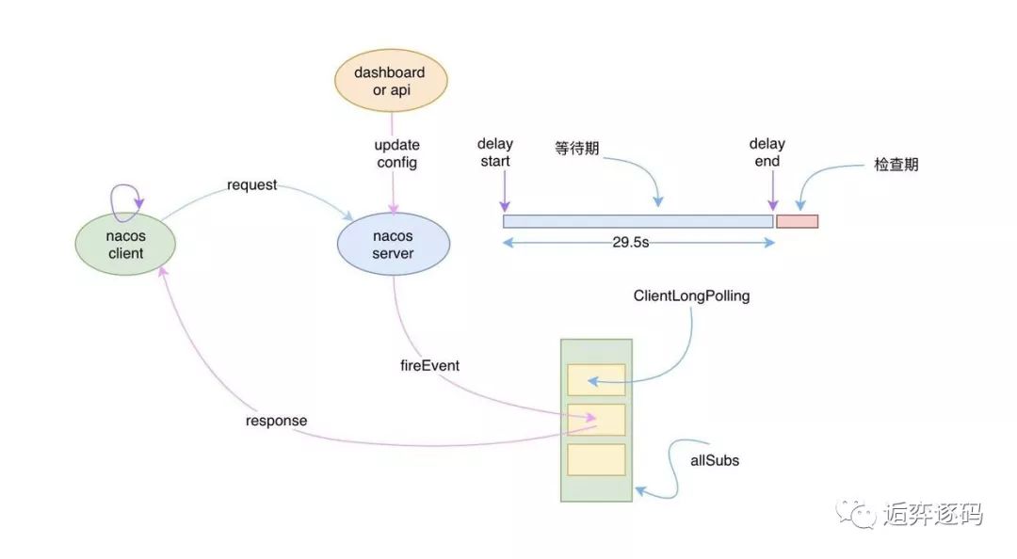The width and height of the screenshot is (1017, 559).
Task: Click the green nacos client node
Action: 125,244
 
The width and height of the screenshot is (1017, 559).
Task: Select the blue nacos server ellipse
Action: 392,244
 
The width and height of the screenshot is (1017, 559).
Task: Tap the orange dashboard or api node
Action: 389,81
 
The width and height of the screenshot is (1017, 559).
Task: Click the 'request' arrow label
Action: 251,184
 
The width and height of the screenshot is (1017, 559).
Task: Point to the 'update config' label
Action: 396,153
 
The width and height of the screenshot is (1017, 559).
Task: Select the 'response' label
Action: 276,421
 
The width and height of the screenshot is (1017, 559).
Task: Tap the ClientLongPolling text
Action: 692,295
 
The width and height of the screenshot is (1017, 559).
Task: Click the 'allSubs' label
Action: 714,461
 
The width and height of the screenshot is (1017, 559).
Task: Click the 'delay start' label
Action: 494,152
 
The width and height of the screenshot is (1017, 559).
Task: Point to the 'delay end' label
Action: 767,152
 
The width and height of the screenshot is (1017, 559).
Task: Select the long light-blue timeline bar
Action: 638,221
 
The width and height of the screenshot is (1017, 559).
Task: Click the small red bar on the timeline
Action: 797,221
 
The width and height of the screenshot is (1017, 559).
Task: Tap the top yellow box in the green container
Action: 596,379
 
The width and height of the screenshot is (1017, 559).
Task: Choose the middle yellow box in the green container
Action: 596,420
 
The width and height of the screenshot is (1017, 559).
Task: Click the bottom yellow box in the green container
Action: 596,459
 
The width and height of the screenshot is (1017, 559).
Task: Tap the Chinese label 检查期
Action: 896,165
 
